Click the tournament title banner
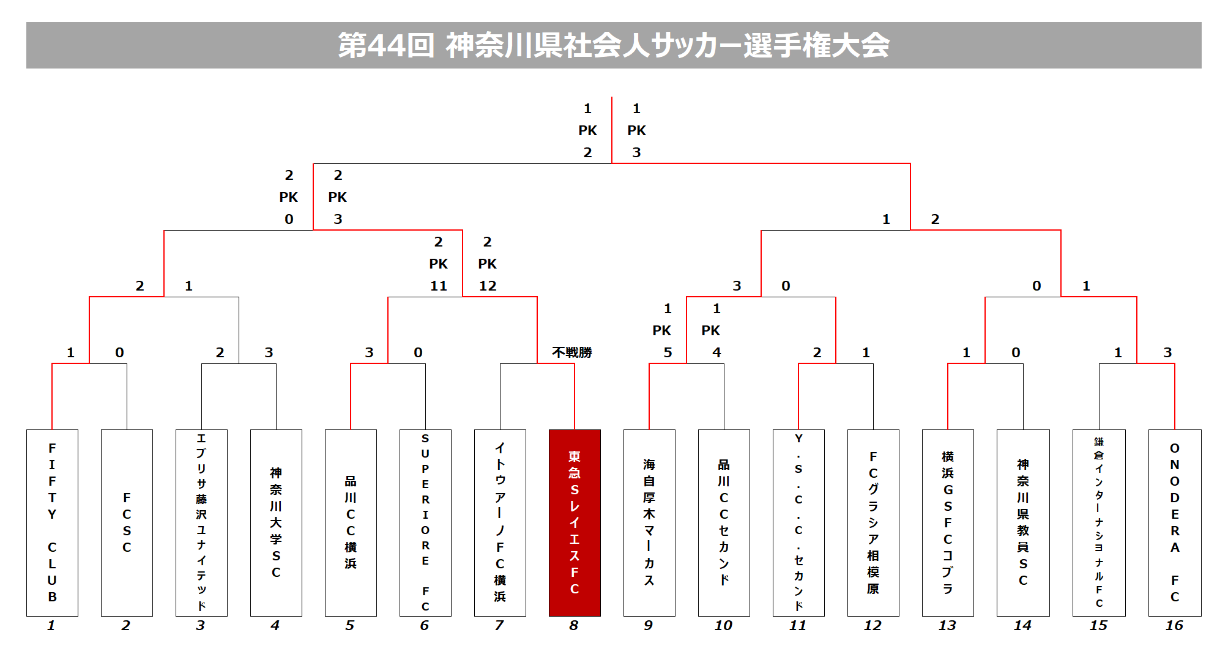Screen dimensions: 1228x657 614,45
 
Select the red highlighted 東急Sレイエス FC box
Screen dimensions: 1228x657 575,523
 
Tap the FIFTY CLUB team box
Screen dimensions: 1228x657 52,523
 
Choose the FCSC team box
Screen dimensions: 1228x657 127,523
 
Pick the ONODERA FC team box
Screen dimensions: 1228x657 1175,523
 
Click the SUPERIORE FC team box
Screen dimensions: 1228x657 425,523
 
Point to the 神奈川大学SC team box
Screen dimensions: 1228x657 276,523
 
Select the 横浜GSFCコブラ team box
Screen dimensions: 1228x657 948,523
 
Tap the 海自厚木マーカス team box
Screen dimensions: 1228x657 649,523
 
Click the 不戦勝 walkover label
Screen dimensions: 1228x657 572,352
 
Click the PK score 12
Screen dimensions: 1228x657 488,286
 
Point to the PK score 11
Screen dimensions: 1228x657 439,286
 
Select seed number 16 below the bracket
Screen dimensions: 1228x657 1174,625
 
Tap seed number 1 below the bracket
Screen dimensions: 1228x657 51,625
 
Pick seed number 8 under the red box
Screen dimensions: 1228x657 574,625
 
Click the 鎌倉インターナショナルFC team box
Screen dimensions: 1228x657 1099,523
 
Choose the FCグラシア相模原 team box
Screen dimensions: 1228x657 873,523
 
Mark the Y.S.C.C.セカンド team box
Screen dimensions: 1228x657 798,523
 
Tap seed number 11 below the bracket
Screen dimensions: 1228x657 798,625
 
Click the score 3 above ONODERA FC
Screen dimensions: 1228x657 1167,352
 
